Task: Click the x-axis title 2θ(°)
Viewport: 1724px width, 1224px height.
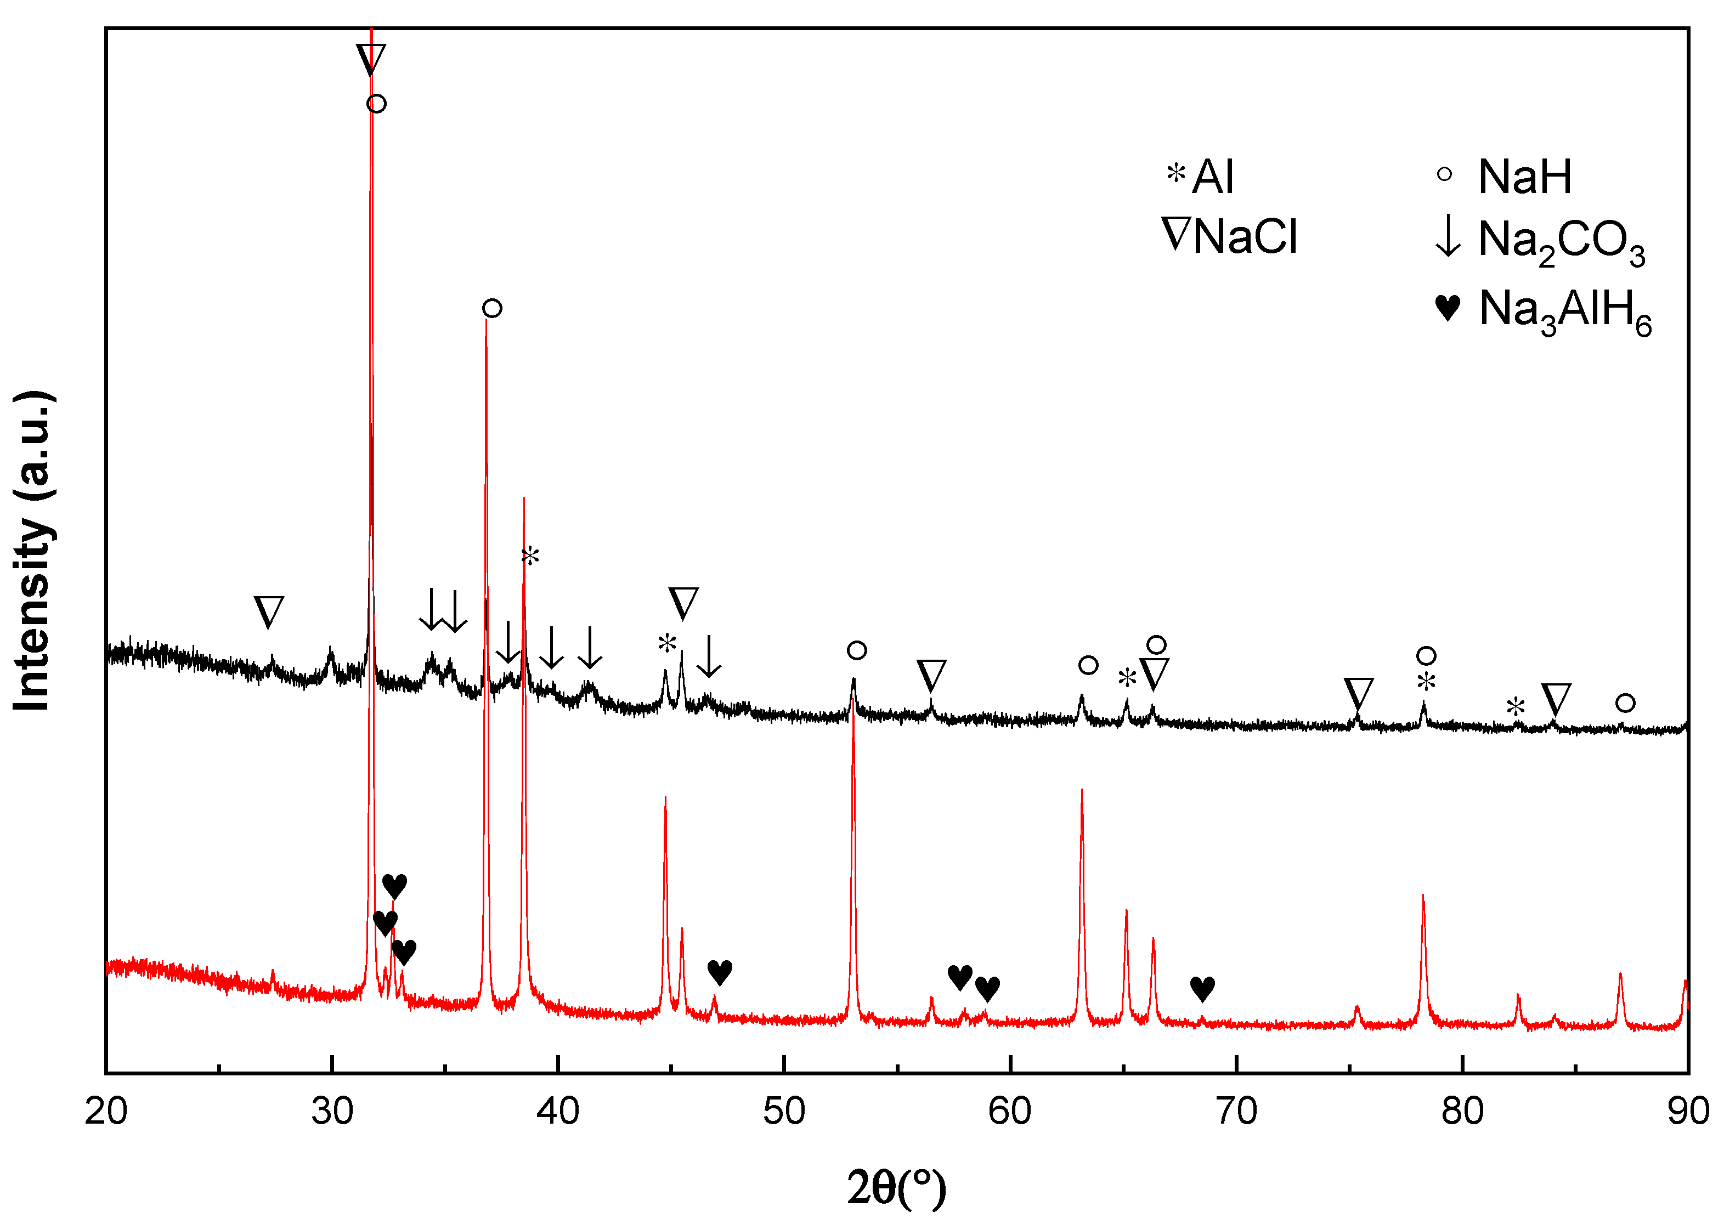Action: coord(896,1188)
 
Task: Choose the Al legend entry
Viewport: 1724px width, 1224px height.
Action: coord(1200,177)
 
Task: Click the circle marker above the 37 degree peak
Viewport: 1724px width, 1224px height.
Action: coord(492,308)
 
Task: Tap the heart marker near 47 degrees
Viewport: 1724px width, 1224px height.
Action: coord(720,972)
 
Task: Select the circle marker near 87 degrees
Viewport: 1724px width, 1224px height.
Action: coord(1625,703)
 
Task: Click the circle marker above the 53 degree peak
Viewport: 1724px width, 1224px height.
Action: coord(856,650)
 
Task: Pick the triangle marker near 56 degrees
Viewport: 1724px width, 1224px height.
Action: coord(932,675)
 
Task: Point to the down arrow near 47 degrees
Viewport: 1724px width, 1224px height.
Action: coord(709,656)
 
